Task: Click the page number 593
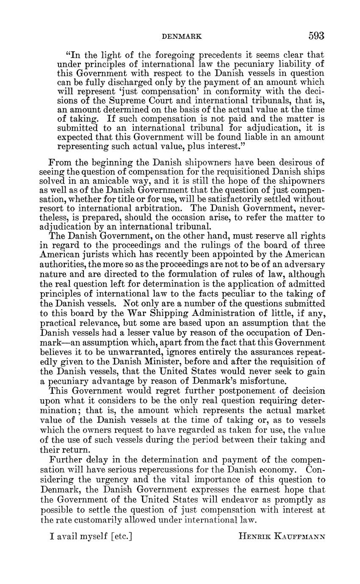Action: pyautogui.click(x=316, y=36)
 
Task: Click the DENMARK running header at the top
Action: pyautogui.click(x=182, y=37)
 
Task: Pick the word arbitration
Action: pyautogui.click(x=163, y=208)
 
